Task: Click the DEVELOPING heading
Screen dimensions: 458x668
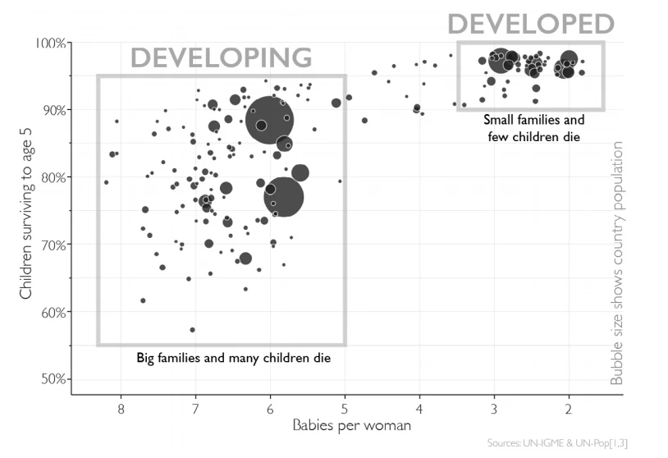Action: click(222, 57)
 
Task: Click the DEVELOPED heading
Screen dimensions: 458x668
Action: click(530, 24)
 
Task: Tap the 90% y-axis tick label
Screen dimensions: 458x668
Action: click(53, 110)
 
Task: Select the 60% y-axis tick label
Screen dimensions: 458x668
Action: click(53, 312)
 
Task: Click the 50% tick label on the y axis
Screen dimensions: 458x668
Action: click(53, 379)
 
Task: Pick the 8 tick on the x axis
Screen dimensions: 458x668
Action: click(121, 408)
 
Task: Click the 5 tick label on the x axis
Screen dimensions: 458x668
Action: click(345, 408)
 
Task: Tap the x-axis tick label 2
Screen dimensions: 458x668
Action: click(569, 408)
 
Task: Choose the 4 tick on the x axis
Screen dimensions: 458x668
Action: click(419, 408)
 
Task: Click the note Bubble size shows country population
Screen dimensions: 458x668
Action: click(618, 263)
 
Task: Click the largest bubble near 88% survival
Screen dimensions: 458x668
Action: click(269, 120)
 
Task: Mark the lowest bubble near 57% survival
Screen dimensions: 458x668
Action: click(192, 330)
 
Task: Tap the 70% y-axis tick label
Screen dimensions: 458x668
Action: click(53, 245)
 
